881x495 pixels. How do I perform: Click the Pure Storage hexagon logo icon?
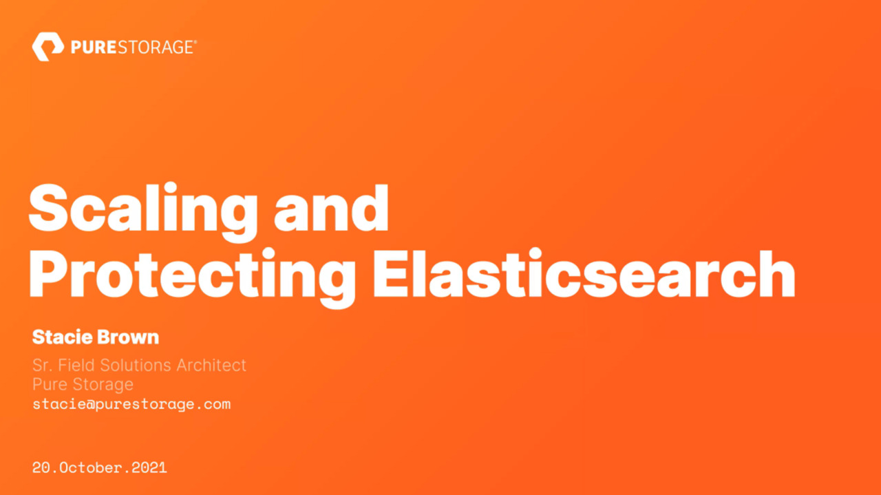tap(48, 47)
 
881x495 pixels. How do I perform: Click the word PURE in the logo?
tap(94, 48)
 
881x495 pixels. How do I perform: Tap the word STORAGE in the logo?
tap(155, 48)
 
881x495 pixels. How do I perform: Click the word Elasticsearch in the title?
tap(584, 273)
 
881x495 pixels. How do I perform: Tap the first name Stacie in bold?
tap(63, 337)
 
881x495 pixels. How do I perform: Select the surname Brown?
tap(128, 337)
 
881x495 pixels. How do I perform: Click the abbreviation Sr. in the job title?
tap(43, 365)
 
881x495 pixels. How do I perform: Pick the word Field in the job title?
tap(76, 365)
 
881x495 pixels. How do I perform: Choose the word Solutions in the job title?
tap(136, 365)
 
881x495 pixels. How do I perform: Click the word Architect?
tap(211, 365)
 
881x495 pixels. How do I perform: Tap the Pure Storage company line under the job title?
tap(83, 384)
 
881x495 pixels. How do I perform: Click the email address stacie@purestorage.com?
tap(131, 405)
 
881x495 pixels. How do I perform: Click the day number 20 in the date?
tap(41, 467)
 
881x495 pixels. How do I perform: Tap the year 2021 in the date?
tap(149, 467)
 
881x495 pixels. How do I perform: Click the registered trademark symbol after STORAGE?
tap(195, 42)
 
